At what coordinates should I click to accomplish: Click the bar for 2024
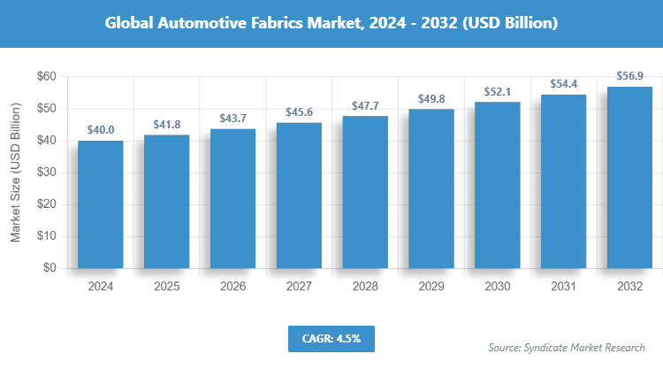pyautogui.click(x=100, y=204)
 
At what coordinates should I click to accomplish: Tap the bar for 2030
pyautogui.click(x=497, y=185)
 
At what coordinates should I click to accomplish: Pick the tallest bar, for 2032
pyautogui.click(x=629, y=177)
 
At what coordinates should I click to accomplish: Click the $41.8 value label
pyautogui.click(x=166, y=124)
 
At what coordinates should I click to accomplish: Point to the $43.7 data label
pyautogui.click(x=232, y=119)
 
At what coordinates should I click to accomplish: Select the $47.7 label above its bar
pyautogui.click(x=365, y=105)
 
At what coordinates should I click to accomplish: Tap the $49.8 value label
pyautogui.click(x=431, y=98)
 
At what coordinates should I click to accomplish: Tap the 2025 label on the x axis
pyautogui.click(x=166, y=287)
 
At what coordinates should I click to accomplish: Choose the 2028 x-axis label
pyautogui.click(x=365, y=287)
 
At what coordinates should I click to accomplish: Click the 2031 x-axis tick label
pyautogui.click(x=564, y=287)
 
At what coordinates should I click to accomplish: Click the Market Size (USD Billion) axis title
pyautogui.click(x=16, y=173)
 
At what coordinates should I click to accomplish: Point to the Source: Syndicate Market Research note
pyautogui.click(x=567, y=347)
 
